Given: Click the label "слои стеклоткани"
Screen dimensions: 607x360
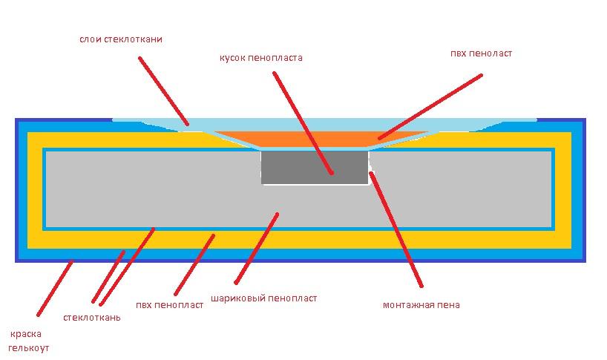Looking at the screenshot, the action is coord(121,39).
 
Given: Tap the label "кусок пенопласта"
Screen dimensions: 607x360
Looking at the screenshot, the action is coord(261,58).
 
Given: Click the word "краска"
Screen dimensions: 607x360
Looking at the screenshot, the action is coord(25,334).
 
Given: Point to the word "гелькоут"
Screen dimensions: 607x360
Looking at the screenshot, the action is coord(29,348).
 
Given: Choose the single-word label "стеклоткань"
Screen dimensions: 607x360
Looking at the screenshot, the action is coord(92,318).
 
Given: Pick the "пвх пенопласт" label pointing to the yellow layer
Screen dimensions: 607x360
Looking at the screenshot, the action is coord(169,305).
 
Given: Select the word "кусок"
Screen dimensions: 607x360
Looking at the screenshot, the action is coord(232,59).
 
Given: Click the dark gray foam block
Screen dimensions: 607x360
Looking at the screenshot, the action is coord(315,168).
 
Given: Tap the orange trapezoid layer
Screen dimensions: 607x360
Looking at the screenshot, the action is coord(322,139).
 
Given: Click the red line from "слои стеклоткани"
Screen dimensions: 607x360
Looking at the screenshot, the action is coord(164,91).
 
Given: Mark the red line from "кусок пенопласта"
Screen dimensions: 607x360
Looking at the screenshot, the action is coord(303,123).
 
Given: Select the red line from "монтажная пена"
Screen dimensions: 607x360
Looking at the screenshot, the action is coord(396,229).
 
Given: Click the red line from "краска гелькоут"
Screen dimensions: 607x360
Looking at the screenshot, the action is coord(55,289).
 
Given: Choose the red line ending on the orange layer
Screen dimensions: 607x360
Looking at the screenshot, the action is coord(430,106).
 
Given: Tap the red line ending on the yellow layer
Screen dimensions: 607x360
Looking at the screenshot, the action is coord(194,265).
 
